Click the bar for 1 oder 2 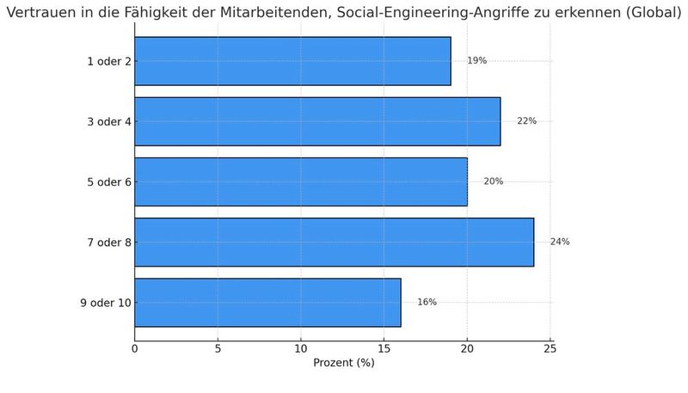(x=292, y=61)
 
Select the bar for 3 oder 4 (x=317, y=121)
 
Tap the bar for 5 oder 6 (x=301, y=181)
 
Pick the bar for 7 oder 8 (x=334, y=242)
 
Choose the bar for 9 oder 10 (x=267, y=302)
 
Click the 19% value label (x=476, y=61)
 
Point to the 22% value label (x=526, y=121)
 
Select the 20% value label (x=493, y=181)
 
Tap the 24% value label (x=560, y=242)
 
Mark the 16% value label (x=427, y=302)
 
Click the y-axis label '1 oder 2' (x=109, y=61)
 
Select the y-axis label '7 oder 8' (x=109, y=242)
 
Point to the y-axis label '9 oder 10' (x=106, y=302)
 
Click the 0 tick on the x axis (x=135, y=347)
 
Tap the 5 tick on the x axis (x=218, y=347)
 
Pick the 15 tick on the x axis (x=384, y=347)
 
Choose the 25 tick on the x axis (x=550, y=347)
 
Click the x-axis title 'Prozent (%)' (x=343, y=363)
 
